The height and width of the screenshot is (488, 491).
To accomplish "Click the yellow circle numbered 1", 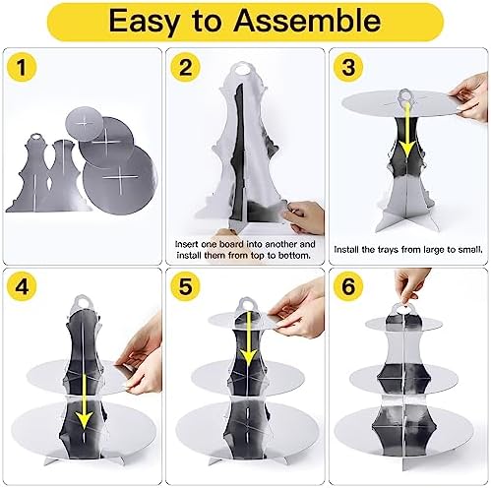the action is [x=22, y=67].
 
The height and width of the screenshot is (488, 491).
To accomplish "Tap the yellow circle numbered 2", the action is [x=185, y=67].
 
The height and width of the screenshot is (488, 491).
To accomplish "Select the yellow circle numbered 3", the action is [x=348, y=67].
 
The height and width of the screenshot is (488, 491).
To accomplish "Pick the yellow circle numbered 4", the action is [x=22, y=286].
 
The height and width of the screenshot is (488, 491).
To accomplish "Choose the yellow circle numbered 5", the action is [x=185, y=286].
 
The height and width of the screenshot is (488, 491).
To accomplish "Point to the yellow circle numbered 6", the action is [x=348, y=286].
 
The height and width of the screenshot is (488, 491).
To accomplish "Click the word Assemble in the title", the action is [x=307, y=21].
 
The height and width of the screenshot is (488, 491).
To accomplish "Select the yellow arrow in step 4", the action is [x=84, y=401].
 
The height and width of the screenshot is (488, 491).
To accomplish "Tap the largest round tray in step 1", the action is [x=120, y=179].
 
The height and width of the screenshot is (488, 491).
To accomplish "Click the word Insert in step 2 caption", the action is [x=186, y=244].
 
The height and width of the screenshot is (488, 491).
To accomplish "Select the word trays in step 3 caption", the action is [x=389, y=250].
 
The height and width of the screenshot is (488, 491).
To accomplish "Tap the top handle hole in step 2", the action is [x=243, y=70].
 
